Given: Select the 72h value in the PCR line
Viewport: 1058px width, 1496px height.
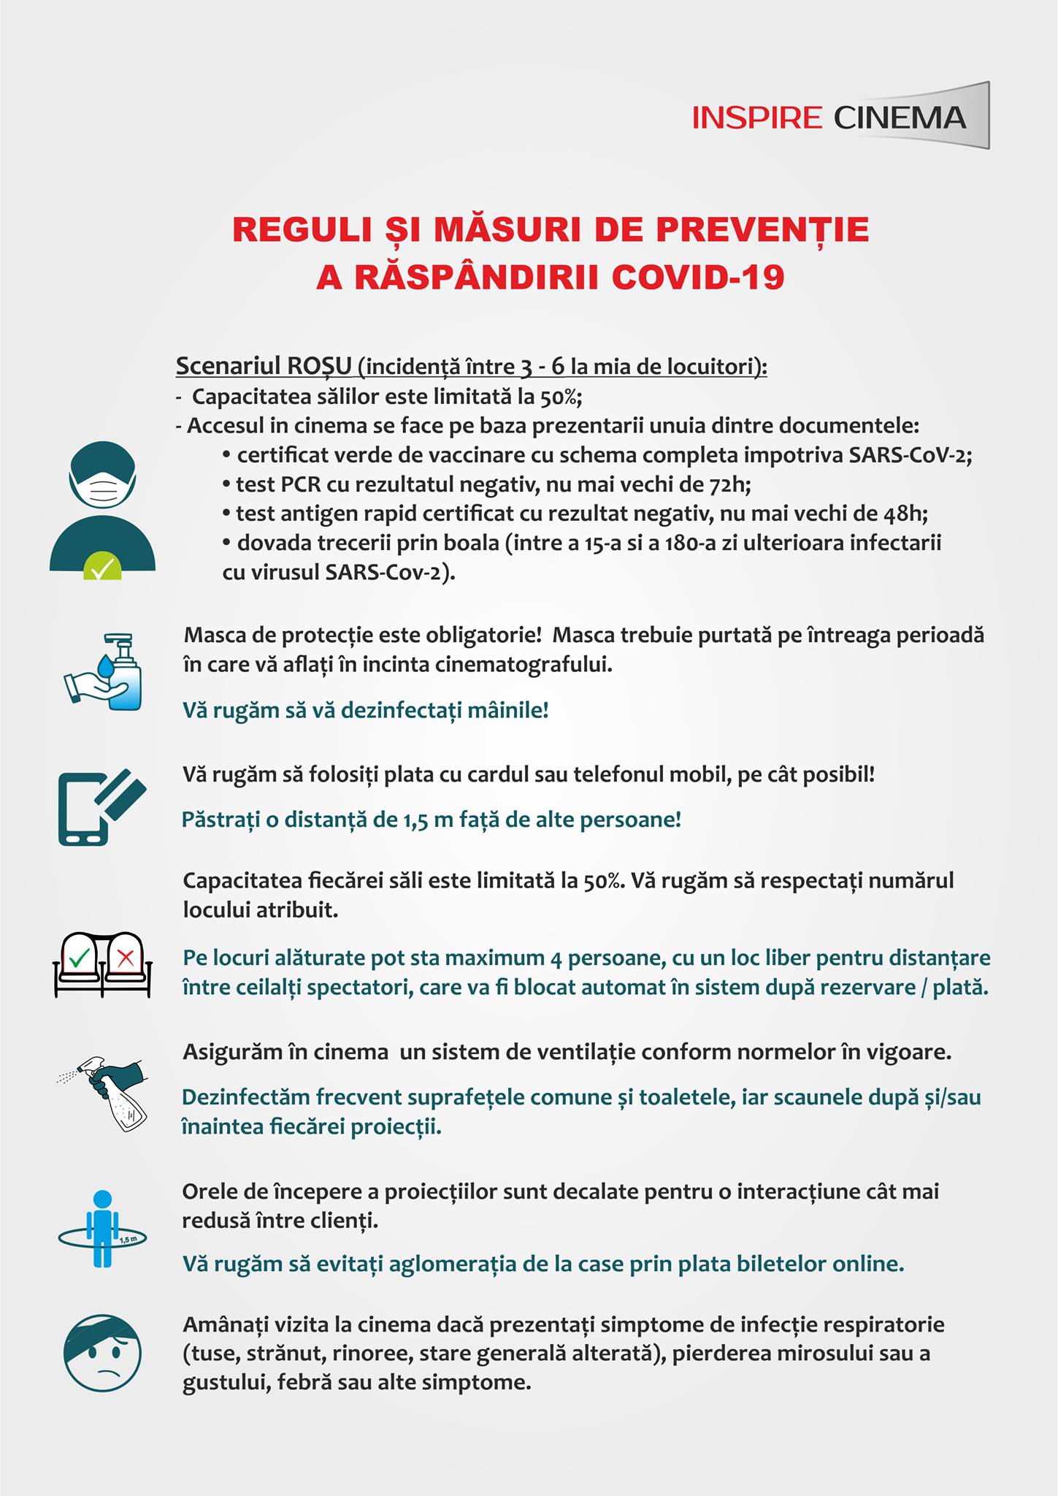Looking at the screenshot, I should pyautogui.click(x=730, y=484).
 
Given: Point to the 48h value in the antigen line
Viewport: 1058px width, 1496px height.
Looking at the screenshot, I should pyautogui.click(x=905, y=514).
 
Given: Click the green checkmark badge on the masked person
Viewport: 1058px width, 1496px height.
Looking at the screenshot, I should pyautogui.click(x=102, y=567).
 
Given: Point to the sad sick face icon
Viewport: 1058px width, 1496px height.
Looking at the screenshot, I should pyautogui.click(x=102, y=1354).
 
